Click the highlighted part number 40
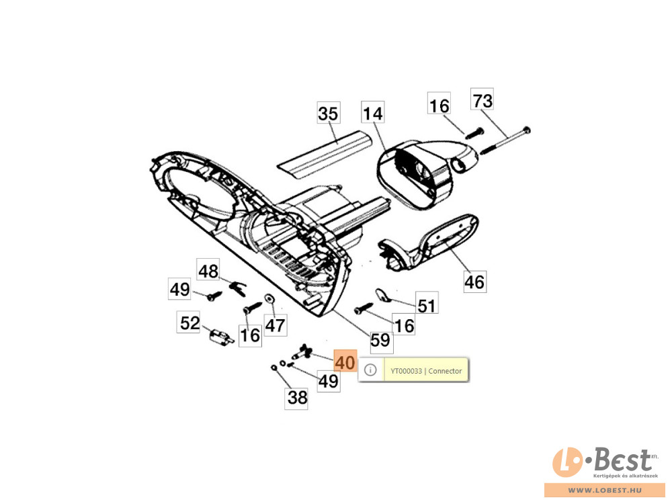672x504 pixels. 345,362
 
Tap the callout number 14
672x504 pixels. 372,113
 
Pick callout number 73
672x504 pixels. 482,100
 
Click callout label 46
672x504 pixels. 475,282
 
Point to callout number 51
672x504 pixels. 427,306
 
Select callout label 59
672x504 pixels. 380,340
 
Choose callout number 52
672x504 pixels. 189,323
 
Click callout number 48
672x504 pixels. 208,270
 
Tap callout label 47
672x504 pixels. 275,325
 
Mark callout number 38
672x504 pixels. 296,397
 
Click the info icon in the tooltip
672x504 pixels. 370,370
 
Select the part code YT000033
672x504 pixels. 407,371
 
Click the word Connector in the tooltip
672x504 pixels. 446,371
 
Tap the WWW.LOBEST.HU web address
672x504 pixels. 605,490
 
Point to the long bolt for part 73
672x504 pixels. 506,140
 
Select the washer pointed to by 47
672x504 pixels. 270,298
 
